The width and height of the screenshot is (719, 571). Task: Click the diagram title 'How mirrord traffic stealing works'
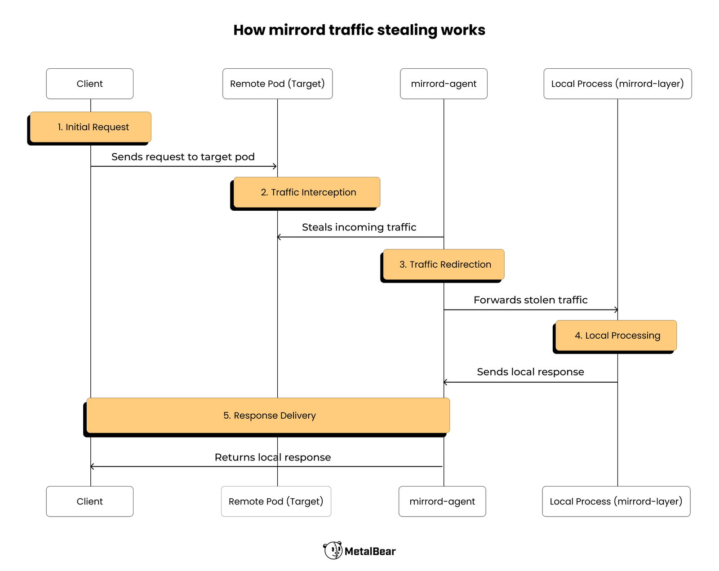359,30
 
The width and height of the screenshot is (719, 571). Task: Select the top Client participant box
89,84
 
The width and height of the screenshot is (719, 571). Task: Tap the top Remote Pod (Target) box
277,84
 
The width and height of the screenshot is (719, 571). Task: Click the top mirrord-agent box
444,84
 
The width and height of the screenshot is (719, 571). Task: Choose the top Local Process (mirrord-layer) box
617,84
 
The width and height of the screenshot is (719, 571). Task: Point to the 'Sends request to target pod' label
183,157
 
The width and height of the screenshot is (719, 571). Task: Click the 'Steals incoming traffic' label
359,227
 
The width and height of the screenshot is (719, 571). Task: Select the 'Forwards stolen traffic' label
530,300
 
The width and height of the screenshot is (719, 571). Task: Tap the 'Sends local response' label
530,372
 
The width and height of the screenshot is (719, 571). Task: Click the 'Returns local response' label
273,457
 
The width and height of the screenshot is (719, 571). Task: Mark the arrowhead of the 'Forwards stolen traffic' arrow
616,310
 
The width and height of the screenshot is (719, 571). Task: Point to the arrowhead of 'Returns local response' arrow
92,466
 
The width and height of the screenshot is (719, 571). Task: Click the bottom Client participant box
89,501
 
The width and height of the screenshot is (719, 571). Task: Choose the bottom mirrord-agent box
442,501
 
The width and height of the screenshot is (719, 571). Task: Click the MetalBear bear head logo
333,550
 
